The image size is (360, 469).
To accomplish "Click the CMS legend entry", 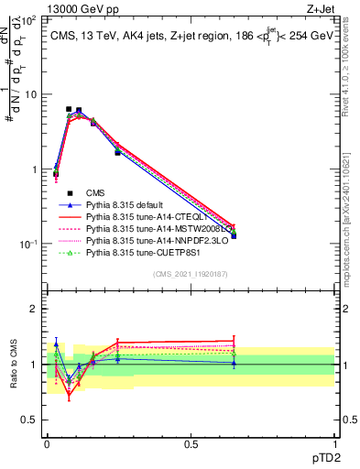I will point(97,192).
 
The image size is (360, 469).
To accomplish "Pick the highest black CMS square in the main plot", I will point(69,109).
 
